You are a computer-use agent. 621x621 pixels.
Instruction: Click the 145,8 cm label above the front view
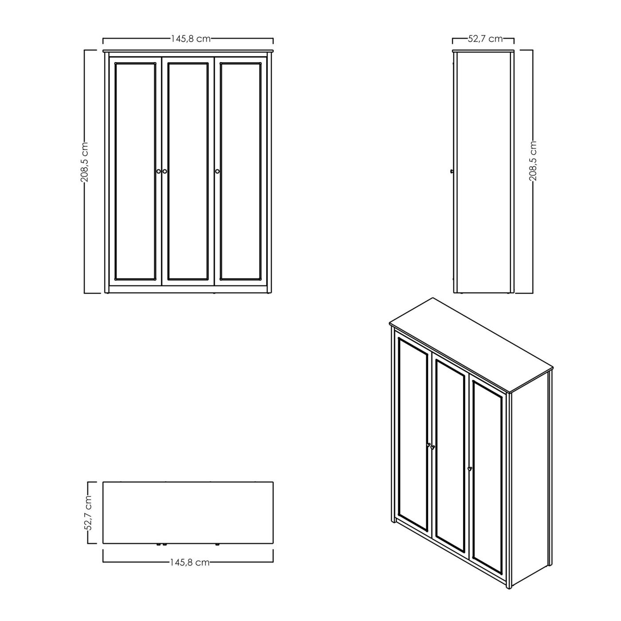click(x=190, y=39)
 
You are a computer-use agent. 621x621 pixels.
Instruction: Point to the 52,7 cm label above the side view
click(x=485, y=39)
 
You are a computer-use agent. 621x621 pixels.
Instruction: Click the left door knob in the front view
click(x=158, y=172)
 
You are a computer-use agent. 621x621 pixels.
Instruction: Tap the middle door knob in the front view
click(x=165, y=172)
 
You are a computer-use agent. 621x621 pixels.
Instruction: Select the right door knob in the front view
click(x=217, y=172)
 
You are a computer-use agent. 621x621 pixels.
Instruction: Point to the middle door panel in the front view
click(x=188, y=172)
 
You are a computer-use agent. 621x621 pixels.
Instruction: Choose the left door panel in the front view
click(x=135, y=172)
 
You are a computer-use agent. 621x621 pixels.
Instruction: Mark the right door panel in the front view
click(x=240, y=172)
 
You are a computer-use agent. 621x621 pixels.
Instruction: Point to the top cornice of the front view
click(x=188, y=51)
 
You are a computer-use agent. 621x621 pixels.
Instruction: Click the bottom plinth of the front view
click(x=188, y=289)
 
